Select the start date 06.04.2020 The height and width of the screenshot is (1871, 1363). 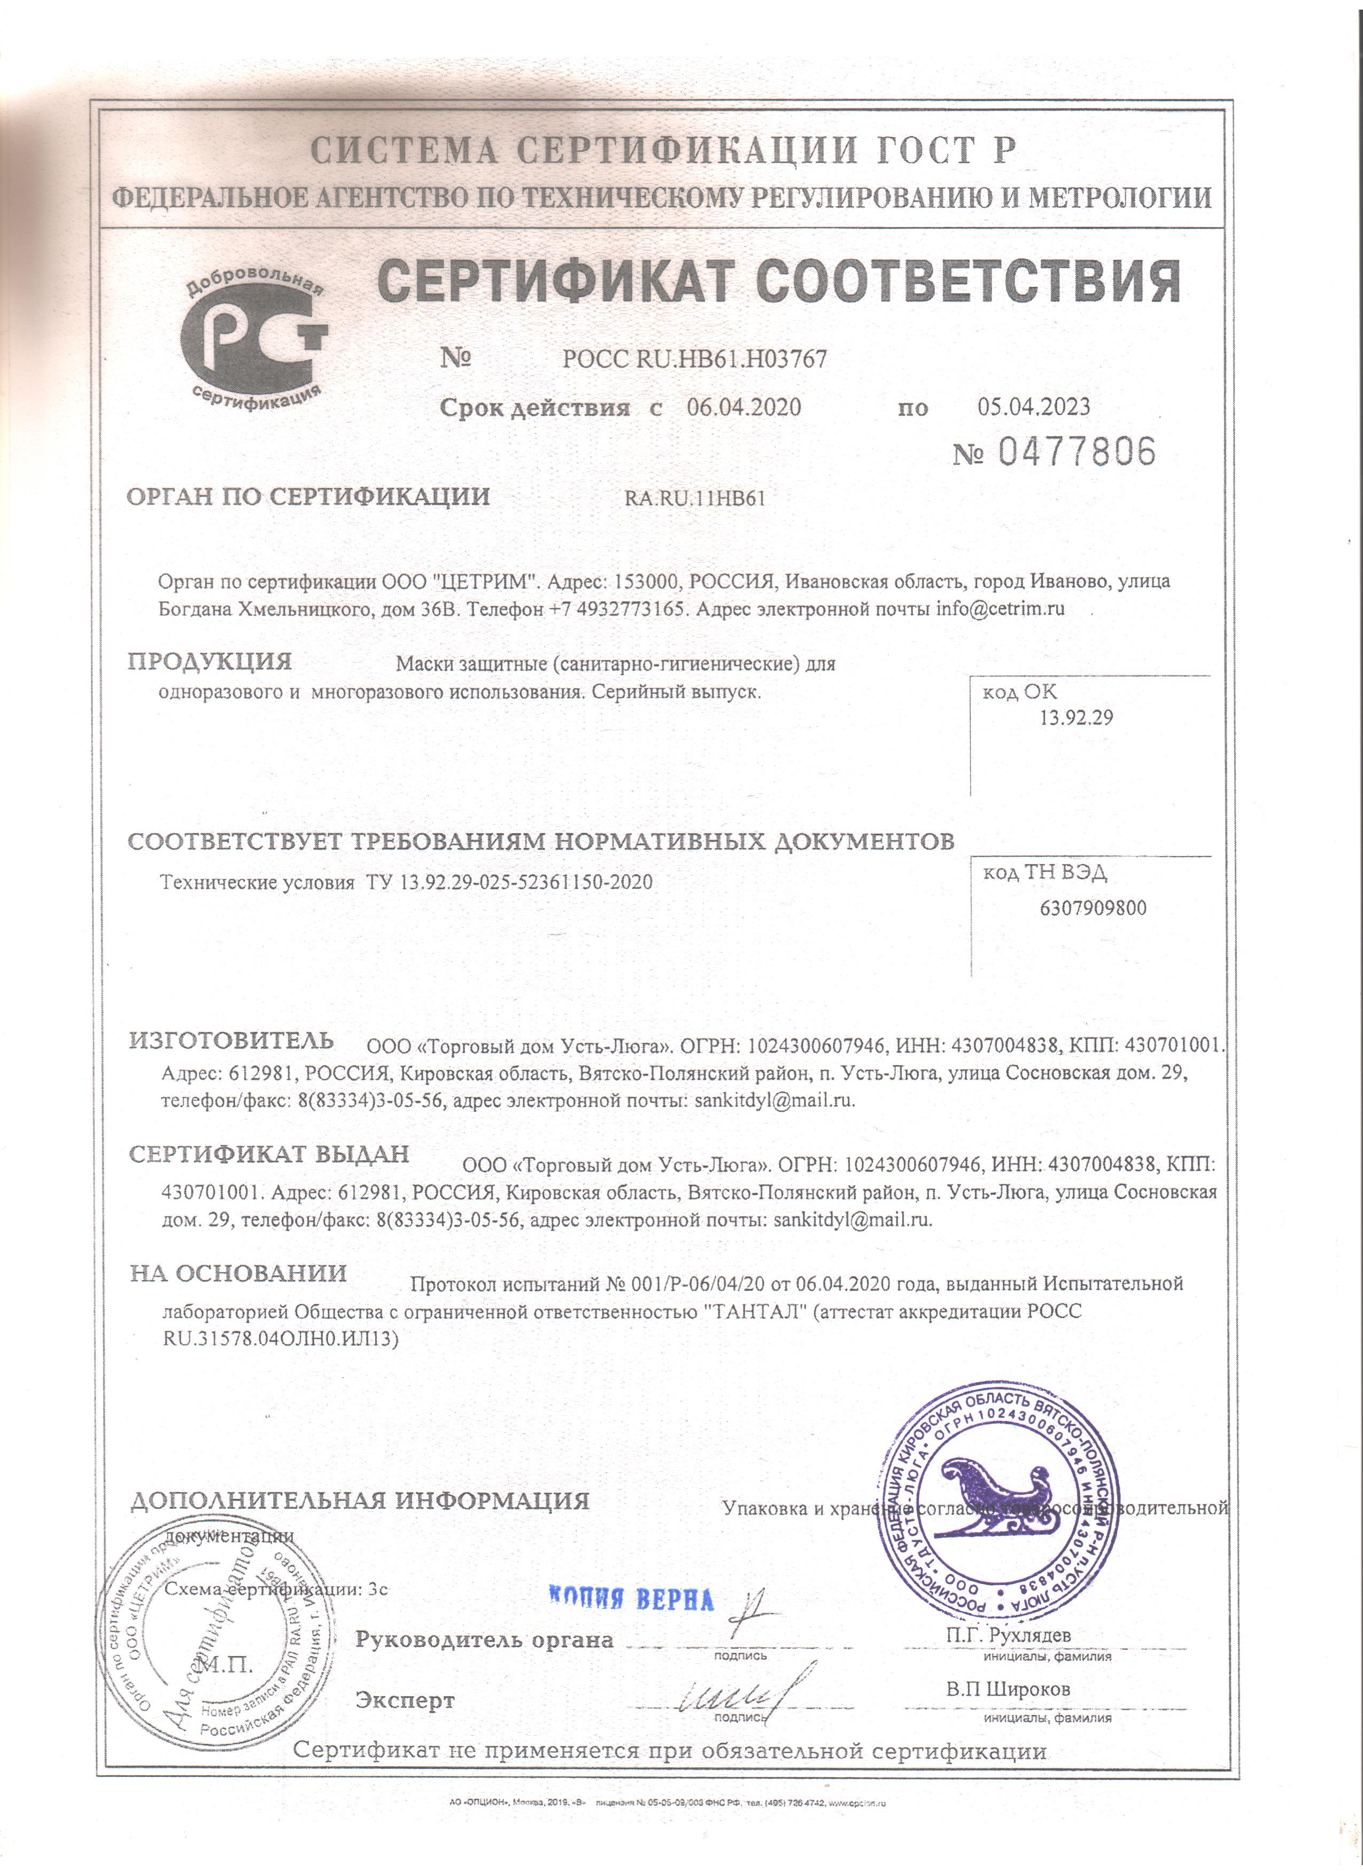point(744,407)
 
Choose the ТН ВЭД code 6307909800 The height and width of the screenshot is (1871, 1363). point(1093,909)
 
